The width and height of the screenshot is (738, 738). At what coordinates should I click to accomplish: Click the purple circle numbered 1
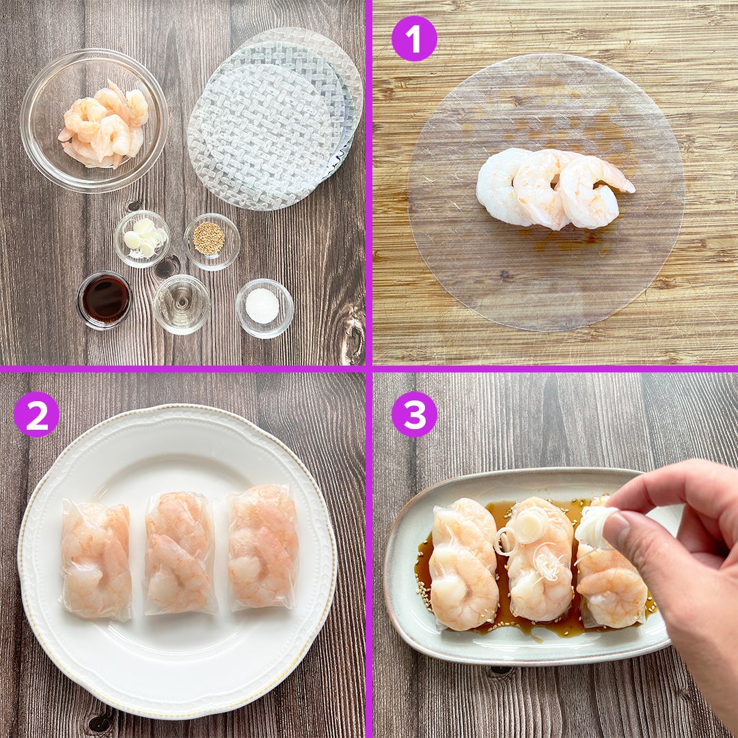(414, 38)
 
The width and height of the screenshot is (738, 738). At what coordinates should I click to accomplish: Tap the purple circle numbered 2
(36, 414)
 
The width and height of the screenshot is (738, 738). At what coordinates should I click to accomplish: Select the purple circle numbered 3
(414, 414)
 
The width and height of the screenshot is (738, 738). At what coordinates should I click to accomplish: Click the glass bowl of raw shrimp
(94, 120)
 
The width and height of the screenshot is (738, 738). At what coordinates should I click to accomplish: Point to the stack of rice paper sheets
(275, 118)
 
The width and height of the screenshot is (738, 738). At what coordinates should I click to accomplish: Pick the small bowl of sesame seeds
(212, 241)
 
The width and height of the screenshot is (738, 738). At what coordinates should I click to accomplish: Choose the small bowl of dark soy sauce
(105, 300)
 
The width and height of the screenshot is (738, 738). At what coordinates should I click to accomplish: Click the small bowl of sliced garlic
(141, 238)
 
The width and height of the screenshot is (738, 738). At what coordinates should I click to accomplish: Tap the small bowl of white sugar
(264, 308)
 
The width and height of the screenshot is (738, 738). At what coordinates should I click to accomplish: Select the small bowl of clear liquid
(182, 304)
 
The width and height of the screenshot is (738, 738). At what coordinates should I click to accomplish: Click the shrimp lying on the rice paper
(553, 189)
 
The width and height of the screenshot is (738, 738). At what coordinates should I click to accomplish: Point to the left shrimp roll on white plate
(96, 560)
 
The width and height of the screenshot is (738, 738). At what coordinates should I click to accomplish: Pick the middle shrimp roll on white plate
(180, 553)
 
